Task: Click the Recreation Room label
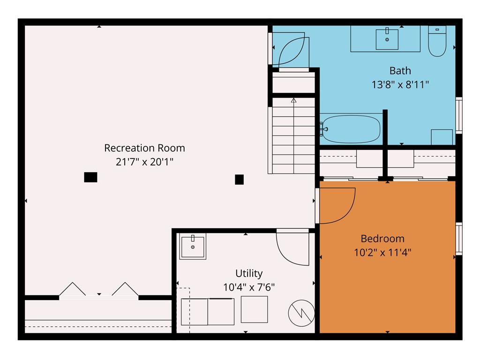[144, 148]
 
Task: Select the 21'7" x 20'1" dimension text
[144, 162]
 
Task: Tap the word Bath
[400, 71]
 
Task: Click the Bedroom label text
[382, 238]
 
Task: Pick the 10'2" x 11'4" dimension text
[382, 252]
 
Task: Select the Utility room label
[249, 273]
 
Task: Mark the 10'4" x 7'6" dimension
[249, 287]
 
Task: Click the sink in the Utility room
[193, 247]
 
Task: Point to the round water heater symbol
[301, 312]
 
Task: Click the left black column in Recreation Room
[90, 177]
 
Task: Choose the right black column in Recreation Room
[239, 179]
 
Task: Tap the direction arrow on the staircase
[294, 100]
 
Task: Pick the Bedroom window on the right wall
[459, 239]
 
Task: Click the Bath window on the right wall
[459, 115]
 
